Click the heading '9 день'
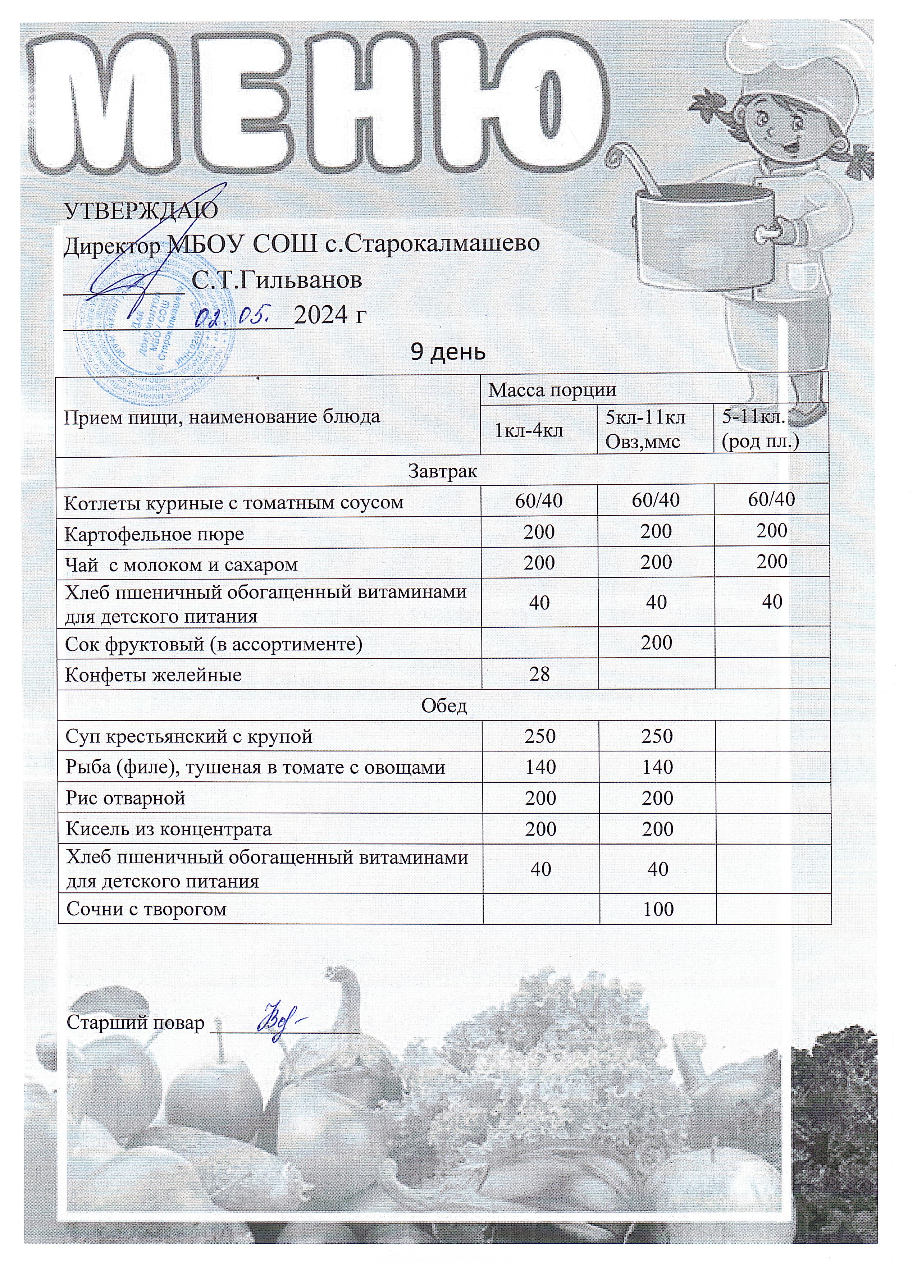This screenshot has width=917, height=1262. click(x=447, y=352)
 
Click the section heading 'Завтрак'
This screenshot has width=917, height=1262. click(x=443, y=471)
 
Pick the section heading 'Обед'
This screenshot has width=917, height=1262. click(x=443, y=705)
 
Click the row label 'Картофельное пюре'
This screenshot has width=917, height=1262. click(x=155, y=534)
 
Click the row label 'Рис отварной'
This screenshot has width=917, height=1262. click(x=126, y=799)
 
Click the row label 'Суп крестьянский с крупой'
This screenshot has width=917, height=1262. click(x=189, y=737)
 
